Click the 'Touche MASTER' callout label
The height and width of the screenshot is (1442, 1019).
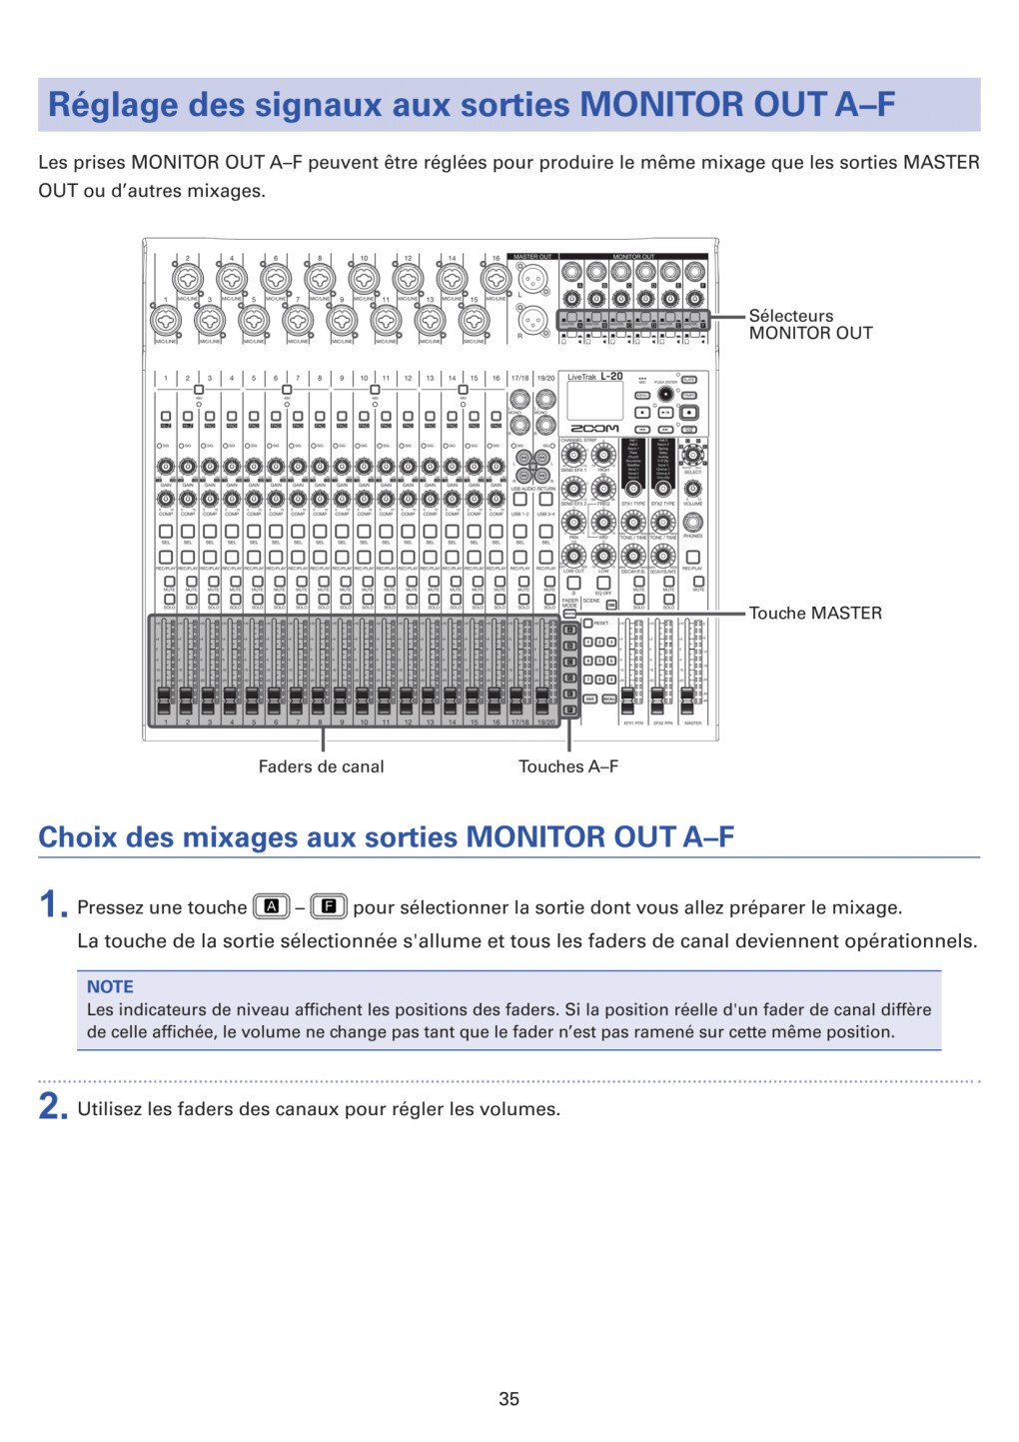(x=815, y=614)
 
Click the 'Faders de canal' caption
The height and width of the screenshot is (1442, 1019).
(x=321, y=766)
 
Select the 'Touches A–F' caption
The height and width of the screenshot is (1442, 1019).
(x=567, y=766)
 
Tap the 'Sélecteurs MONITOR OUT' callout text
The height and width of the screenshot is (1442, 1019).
(x=810, y=325)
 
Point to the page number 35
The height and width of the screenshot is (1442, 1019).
(x=509, y=1399)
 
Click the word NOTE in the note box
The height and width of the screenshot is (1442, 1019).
(x=110, y=986)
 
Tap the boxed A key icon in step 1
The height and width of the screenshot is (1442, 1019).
(x=271, y=907)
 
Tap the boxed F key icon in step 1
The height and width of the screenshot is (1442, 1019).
(x=329, y=907)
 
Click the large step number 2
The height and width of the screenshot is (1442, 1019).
(x=52, y=1107)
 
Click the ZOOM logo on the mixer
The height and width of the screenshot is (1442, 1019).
(x=594, y=429)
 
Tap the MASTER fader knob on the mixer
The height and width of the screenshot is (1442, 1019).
(x=688, y=696)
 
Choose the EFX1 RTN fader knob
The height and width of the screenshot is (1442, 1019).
(x=628, y=696)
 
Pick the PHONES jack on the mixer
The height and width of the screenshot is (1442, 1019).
(x=692, y=522)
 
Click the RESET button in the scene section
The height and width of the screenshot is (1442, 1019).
(x=588, y=624)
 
